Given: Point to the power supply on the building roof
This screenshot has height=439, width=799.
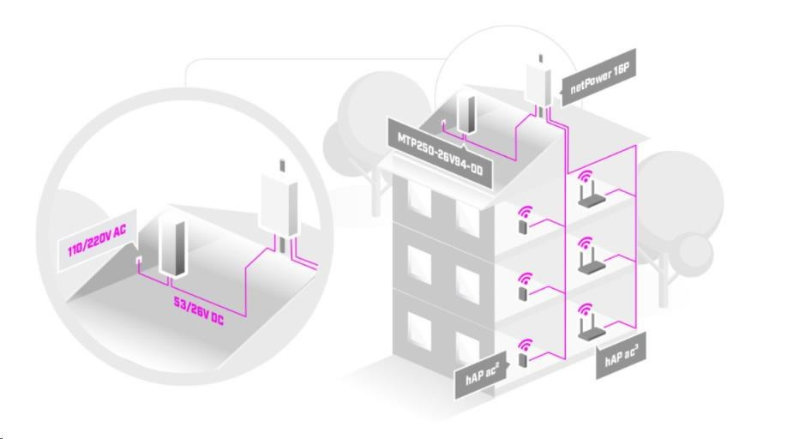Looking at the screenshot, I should pos(467,112).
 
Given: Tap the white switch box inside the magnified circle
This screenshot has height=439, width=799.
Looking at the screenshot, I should pos(279,207).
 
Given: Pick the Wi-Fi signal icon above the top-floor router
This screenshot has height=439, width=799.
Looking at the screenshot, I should pos(587,179).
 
